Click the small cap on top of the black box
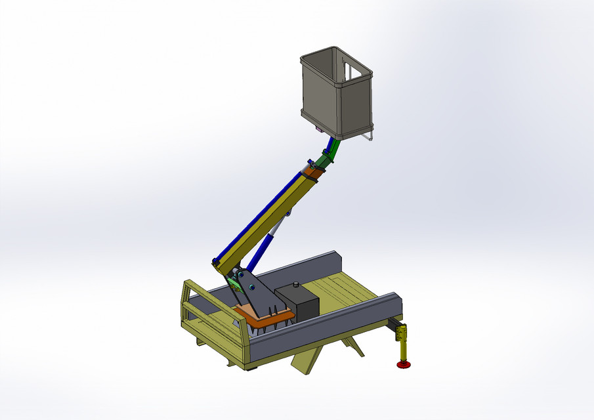click(x=296, y=284)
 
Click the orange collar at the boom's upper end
click(x=313, y=173)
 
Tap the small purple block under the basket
click(x=320, y=131)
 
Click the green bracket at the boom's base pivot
click(x=232, y=283)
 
